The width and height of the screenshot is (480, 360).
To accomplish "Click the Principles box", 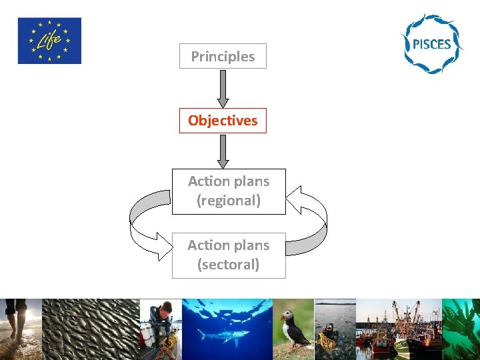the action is (223, 57).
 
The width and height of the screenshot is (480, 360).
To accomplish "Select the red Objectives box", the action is (223, 121).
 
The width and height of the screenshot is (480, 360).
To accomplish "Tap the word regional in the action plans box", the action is (229, 201).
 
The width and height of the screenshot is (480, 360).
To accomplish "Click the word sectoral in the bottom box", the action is (229, 265).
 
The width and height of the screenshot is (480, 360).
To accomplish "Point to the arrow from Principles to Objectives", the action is (223, 88).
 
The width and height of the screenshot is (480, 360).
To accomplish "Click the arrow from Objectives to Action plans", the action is (223, 151).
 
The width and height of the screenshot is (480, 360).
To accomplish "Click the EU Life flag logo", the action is (49, 41).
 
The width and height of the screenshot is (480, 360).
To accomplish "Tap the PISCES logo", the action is (431, 44).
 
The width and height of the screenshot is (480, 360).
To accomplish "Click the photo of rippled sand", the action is (90, 329).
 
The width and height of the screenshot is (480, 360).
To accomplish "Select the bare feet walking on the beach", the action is (16, 320).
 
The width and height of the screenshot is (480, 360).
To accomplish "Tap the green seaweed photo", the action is (461, 329).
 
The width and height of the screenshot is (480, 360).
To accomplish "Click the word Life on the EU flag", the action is (49, 42).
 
